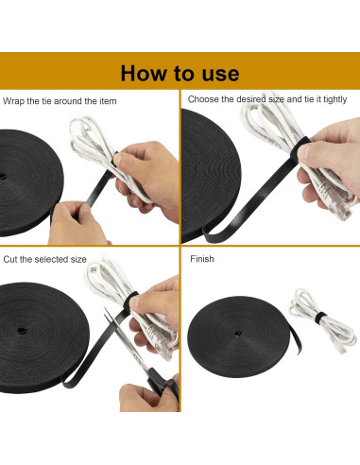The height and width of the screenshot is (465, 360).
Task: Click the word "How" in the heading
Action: [144, 74]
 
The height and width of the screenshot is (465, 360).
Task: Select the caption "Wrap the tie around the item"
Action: [60, 101]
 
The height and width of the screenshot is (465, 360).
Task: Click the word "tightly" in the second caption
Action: [334, 99]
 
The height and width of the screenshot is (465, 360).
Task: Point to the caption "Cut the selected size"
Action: [44, 259]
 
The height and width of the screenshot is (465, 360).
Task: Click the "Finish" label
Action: [202, 259]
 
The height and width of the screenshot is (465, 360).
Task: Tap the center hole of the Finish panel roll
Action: [238, 334]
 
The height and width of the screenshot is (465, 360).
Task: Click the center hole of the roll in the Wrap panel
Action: [3, 177]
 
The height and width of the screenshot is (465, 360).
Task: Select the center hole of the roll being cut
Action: [22, 331]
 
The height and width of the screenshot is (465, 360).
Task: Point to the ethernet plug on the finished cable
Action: [341, 349]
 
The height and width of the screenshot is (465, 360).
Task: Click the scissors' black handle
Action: [164, 387]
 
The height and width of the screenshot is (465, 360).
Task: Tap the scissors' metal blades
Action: [126, 339]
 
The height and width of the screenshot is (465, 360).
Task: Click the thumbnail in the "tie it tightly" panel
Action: [303, 152]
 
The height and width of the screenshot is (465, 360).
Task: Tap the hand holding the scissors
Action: [148, 398]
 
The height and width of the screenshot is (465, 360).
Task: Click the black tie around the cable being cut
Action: [132, 301]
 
